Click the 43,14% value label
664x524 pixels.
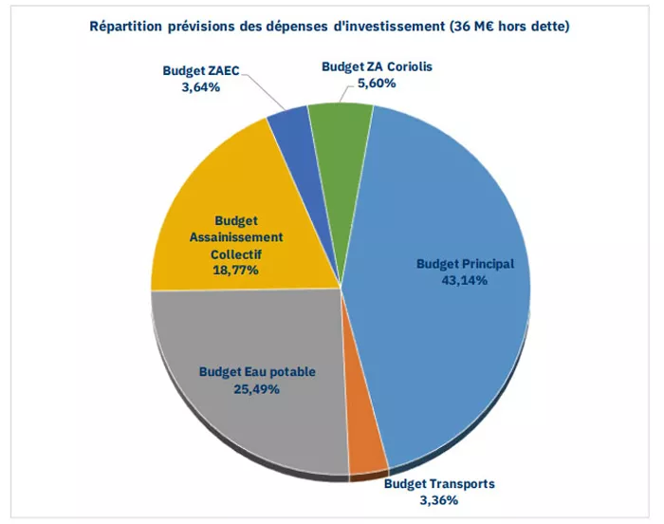tap(466, 281)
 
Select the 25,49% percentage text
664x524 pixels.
tap(249, 388)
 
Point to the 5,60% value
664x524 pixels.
tap(377, 83)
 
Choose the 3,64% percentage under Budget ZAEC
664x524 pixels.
tap(200, 86)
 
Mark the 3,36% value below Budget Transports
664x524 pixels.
tap(439, 499)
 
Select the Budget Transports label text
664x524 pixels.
tap(439, 484)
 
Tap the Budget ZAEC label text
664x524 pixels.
tap(200, 71)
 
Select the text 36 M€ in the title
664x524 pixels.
tap(491, 26)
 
